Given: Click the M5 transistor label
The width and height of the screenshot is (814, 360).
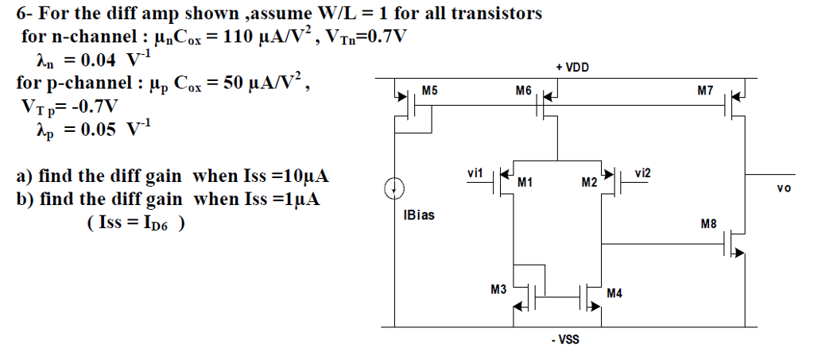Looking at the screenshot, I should [429, 91].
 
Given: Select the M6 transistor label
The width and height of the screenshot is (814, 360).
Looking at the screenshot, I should [523, 91].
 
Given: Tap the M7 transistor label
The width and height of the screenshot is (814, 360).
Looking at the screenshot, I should [704, 91].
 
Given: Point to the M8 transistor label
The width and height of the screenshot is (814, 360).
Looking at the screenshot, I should [709, 225].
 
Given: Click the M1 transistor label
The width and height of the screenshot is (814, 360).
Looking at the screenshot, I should [524, 183].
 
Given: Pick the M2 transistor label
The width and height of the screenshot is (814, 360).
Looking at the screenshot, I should [588, 183].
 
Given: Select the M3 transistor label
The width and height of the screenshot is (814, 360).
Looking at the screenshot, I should [498, 290].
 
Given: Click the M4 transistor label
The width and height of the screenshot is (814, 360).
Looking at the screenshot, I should [614, 293].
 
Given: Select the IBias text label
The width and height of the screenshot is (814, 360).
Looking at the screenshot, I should [419, 215].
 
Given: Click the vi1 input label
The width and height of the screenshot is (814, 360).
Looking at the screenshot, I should [475, 172].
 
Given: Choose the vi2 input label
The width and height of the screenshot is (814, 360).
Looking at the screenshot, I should [644, 172].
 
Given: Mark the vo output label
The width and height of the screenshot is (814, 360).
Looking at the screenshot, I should [785, 188].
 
